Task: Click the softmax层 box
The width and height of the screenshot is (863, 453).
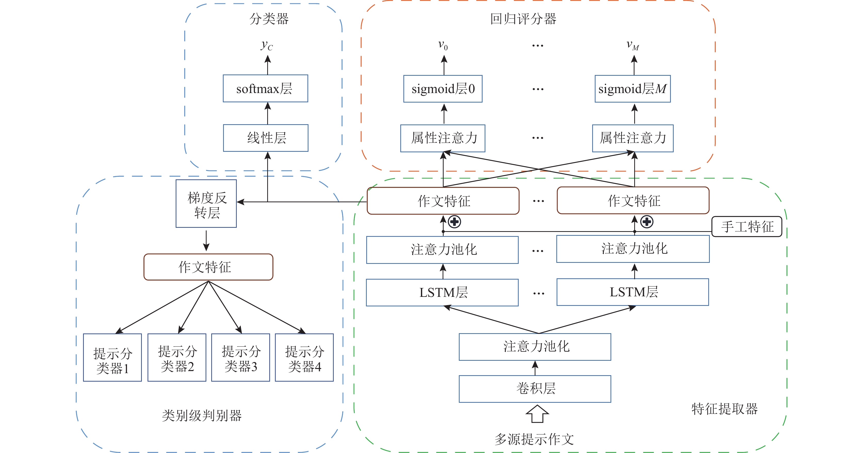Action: [265, 88]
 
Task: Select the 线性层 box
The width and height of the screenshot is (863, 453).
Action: [266, 138]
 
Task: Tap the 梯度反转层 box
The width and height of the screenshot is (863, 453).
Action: [206, 204]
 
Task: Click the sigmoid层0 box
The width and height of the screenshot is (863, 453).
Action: [443, 89]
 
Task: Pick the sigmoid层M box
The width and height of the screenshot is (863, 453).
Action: [632, 89]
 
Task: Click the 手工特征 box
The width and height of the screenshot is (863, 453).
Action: [747, 227]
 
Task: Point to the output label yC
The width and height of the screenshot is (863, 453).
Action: [267, 45]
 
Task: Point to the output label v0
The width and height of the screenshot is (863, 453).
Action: [443, 45]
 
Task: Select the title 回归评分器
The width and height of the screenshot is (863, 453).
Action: [523, 19]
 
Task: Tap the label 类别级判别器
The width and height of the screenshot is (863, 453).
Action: [202, 415]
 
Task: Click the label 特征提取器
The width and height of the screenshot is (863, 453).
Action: [724, 409]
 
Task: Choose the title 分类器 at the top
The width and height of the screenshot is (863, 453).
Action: [269, 19]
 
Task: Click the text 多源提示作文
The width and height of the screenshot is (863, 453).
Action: [534, 439]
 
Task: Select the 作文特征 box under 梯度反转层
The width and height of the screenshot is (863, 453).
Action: [208, 267]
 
